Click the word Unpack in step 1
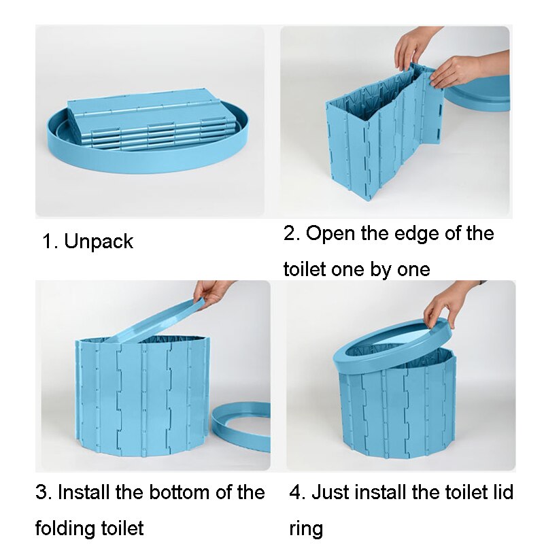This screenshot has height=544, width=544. pos(99,241)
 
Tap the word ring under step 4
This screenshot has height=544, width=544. pos(306,528)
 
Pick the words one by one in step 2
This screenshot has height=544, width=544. pos(381,269)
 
